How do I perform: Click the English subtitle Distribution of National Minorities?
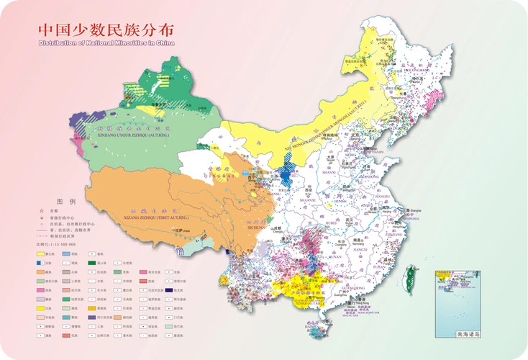coord(106,43)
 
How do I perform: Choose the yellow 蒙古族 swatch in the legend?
coord(41,254)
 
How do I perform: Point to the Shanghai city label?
coord(417,211)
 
